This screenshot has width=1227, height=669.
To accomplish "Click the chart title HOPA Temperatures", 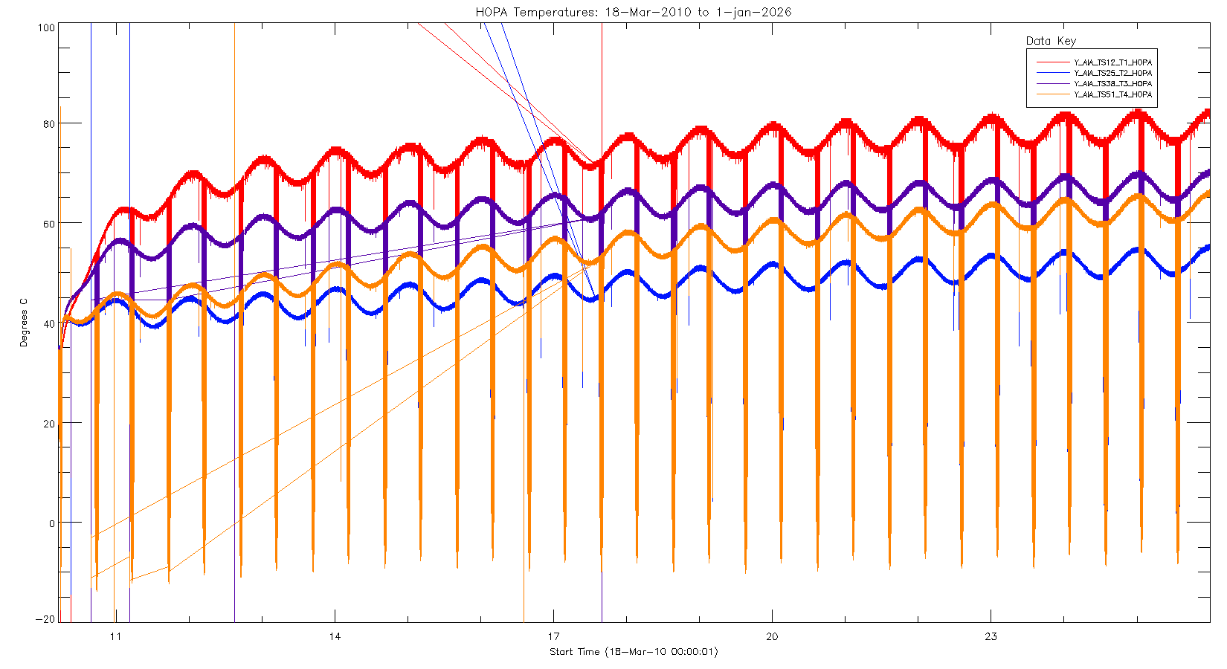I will [x=634, y=12].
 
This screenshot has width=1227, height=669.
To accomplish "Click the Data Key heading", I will [x=1051, y=41].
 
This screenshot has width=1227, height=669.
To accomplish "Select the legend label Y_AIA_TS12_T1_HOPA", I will [x=1112, y=62].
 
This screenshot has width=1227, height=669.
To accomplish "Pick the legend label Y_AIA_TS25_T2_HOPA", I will [x=1112, y=73].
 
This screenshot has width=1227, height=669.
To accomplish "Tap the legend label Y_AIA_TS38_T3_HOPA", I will [x=1112, y=84].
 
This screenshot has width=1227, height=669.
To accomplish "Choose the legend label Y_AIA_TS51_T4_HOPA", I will [x=1112, y=94].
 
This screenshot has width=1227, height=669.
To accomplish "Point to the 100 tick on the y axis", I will [x=46, y=28].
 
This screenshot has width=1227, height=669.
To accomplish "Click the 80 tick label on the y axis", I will [x=48, y=124].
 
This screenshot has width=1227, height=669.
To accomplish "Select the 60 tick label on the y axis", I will [x=48, y=224].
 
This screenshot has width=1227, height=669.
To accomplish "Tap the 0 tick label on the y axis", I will [x=51, y=523].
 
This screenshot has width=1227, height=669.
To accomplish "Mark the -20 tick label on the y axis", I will [x=46, y=619].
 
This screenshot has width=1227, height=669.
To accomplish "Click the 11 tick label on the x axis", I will [x=115, y=636].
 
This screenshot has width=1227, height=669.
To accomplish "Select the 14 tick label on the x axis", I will [x=335, y=636].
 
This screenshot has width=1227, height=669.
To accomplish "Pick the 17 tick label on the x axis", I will [x=553, y=636].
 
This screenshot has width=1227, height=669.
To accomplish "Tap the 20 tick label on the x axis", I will [x=772, y=636].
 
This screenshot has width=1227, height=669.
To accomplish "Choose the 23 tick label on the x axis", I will [x=991, y=636].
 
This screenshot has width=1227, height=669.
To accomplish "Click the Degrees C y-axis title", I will [x=24, y=323].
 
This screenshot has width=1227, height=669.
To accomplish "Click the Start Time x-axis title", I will [x=634, y=652].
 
